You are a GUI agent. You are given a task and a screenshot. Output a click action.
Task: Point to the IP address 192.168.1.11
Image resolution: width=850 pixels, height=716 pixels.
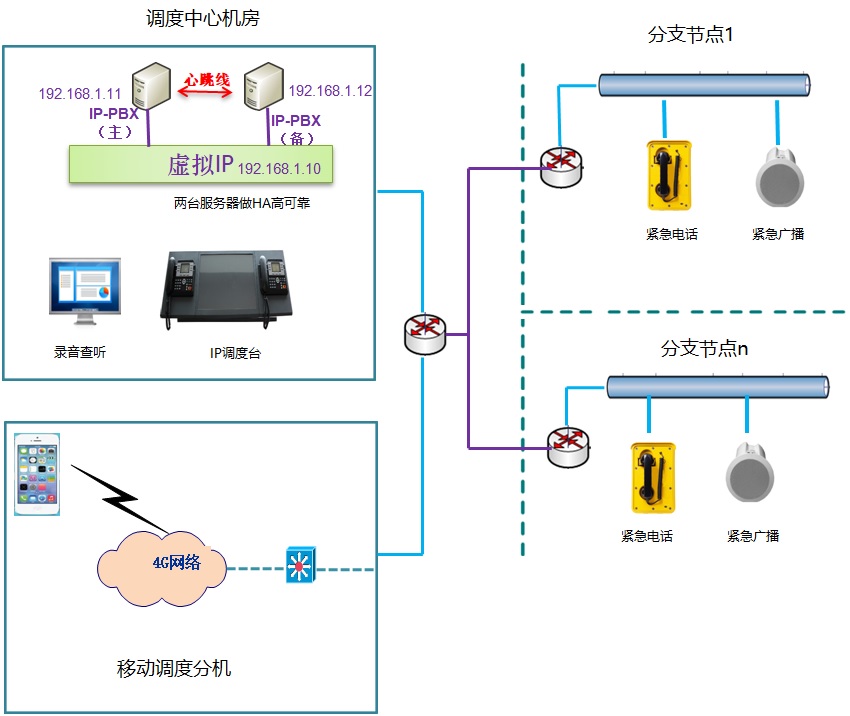pyautogui.click(x=73, y=94)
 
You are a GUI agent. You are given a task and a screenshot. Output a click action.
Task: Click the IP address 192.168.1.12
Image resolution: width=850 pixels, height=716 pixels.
pyautogui.click(x=330, y=91)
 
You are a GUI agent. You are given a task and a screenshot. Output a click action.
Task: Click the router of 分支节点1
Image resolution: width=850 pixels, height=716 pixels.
pyautogui.click(x=561, y=166)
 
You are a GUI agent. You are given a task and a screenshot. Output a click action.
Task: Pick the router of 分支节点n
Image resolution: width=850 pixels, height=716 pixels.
pyautogui.click(x=569, y=446)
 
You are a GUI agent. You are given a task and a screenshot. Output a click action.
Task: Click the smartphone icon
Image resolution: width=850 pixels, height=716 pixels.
pyautogui.click(x=37, y=474)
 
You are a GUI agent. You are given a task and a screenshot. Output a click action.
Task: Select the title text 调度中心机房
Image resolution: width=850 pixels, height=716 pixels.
pyautogui.click(x=203, y=20)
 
